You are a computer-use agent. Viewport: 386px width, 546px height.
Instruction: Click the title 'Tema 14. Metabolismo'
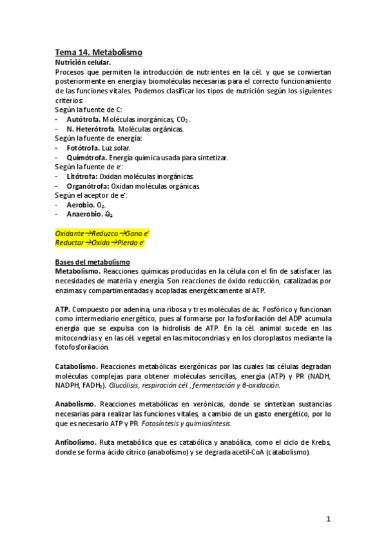pyautogui.click(x=98, y=52)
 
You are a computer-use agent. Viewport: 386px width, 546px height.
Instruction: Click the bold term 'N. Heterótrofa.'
pyautogui.click(x=92, y=129)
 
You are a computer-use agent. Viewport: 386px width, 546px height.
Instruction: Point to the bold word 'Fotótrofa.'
pyautogui.click(x=82, y=148)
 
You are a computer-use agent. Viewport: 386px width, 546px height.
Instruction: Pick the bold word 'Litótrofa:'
pyautogui.click(x=82, y=176)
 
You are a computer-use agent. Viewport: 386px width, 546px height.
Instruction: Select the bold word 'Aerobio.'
pyautogui.click(x=80, y=205)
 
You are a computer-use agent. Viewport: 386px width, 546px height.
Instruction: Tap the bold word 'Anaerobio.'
pyautogui.click(x=84, y=214)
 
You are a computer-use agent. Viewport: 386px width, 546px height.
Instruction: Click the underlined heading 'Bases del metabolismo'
pyautogui.click(x=92, y=262)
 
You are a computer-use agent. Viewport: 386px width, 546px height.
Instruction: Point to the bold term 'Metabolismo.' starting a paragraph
pyautogui.click(x=77, y=272)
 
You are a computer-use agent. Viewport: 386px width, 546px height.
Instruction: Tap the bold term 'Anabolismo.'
pyautogui.click(x=76, y=404)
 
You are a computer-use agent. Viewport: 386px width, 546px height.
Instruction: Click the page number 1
pyautogui.click(x=328, y=519)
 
